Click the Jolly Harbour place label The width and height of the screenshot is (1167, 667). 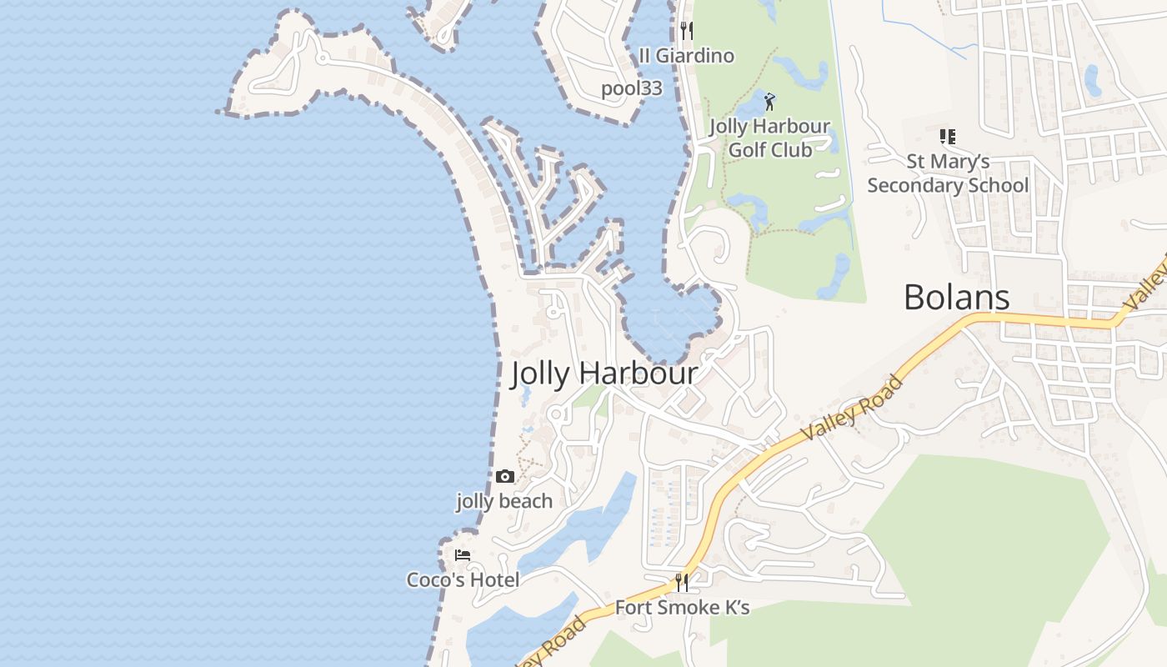click(x=604, y=373)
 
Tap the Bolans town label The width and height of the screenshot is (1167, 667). click(x=956, y=297)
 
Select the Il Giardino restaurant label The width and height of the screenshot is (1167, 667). click(x=686, y=56)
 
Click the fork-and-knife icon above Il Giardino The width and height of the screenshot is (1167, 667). click(x=686, y=31)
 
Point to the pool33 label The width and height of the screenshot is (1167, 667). click(x=632, y=88)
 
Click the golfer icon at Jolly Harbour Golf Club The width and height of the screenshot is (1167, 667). click(x=769, y=102)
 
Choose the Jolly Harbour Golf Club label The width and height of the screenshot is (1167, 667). click(x=769, y=138)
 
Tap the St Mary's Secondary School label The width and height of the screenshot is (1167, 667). click(x=948, y=173)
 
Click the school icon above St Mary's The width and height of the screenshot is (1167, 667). click(x=947, y=136)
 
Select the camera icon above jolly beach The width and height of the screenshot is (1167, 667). click(x=504, y=477)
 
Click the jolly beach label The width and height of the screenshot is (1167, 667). click(x=504, y=501)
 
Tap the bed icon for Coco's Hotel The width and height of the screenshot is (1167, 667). click(x=463, y=555)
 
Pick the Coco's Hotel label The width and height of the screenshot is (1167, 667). click(x=463, y=579)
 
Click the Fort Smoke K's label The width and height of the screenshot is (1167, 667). click(x=682, y=608)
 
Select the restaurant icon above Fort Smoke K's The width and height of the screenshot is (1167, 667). click(x=682, y=583)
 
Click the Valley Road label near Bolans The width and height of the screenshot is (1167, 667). click(x=852, y=409)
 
